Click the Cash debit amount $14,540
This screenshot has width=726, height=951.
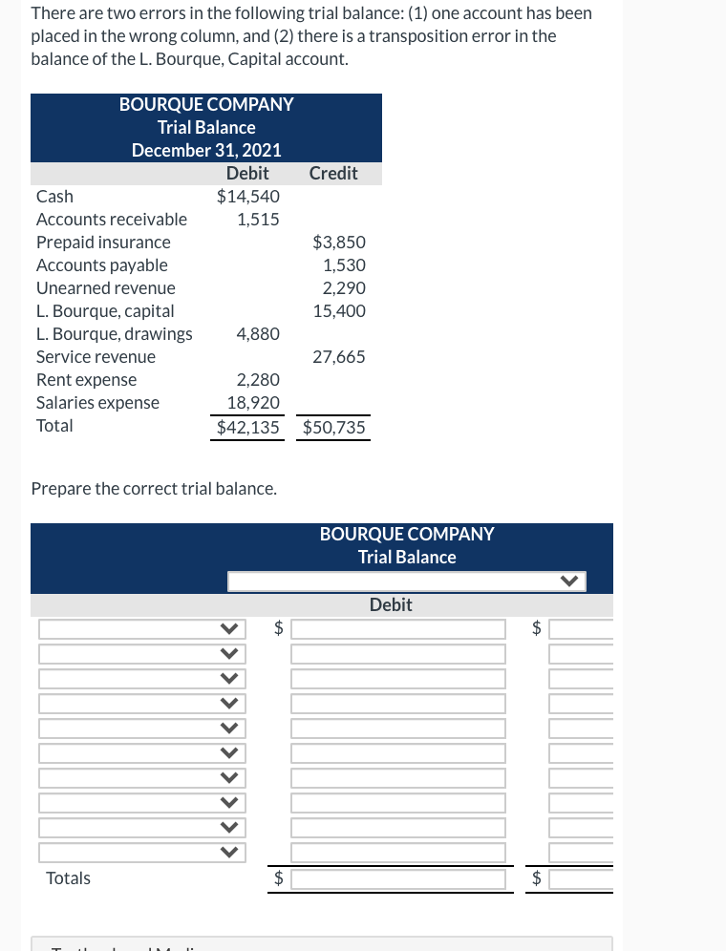(x=248, y=197)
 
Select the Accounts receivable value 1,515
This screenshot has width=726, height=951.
(x=258, y=220)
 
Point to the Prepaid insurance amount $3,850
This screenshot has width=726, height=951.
(x=339, y=243)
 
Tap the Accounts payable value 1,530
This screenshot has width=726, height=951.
(x=344, y=265)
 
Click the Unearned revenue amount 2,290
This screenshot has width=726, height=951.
(x=344, y=288)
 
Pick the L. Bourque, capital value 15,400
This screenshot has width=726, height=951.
(x=339, y=311)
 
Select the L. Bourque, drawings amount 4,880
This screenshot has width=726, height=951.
(x=258, y=334)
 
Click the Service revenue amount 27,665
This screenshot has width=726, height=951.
(x=339, y=357)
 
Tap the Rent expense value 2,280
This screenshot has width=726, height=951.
(x=258, y=380)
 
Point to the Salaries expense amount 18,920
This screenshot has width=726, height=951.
(x=253, y=403)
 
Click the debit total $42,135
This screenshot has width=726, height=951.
(x=248, y=428)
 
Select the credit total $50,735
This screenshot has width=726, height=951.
(x=334, y=428)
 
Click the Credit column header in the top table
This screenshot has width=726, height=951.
(x=333, y=174)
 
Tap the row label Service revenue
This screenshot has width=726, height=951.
(x=96, y=357)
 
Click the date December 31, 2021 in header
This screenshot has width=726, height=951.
(x=206, y=150)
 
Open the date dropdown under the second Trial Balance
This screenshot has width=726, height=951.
(x=406, y=581)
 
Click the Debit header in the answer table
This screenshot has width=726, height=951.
(x=391, y=605)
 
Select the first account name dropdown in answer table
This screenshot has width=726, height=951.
(x=139, y=629)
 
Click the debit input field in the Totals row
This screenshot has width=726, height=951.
(x=397, y=878)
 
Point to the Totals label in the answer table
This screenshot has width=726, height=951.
(x=69, y=878)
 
